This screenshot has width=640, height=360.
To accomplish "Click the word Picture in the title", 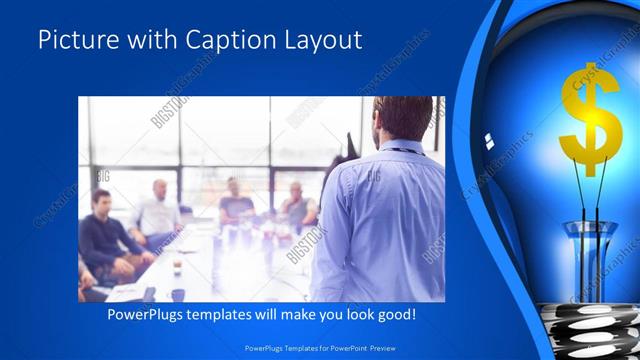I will (x=77, y=41).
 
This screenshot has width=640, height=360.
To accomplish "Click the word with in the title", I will (x=145, y=41).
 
